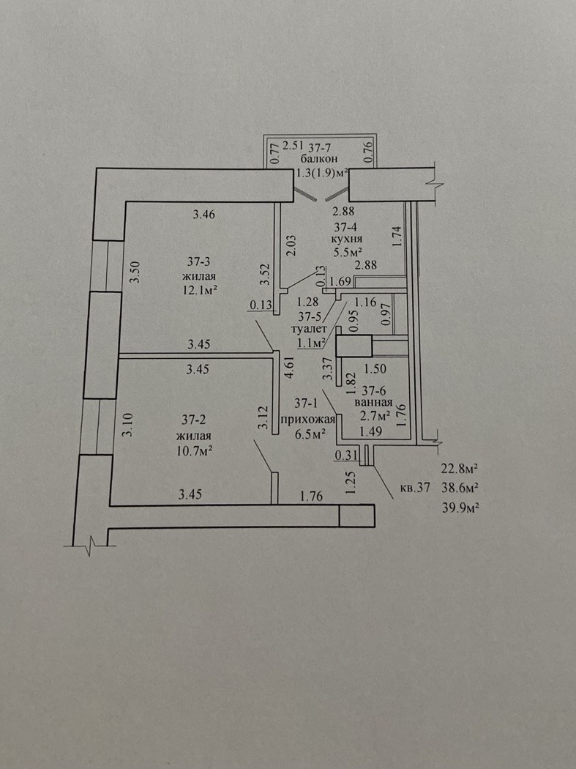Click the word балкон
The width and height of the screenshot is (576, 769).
click(319, 160)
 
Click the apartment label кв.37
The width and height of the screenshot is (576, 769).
click(415, 487)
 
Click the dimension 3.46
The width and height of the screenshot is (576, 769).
click(204, 215)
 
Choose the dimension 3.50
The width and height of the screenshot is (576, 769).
click(133, 272)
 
